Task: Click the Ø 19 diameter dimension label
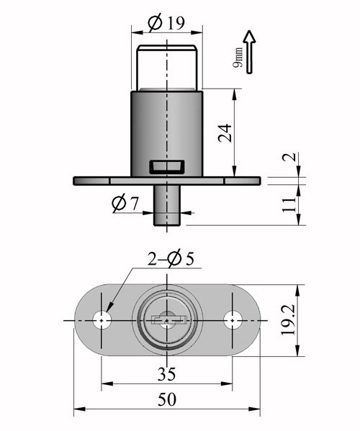(166, 23)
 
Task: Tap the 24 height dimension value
(225, 133)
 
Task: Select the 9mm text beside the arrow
(238, 58)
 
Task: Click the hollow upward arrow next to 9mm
(249, 52)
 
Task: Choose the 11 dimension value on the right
(289, 204)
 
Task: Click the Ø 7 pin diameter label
(125, 204)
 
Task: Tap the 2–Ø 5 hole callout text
(171, 258)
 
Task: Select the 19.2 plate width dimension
(288, 320)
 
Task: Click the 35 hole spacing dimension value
(166, 374)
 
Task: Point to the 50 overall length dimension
(166, 399)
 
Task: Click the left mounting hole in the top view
(102, 320)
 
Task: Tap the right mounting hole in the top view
(233, 320)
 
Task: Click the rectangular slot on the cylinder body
(167, 167)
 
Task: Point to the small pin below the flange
(167, 205)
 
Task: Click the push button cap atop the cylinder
(167, 68)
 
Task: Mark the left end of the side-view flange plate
(73, 181)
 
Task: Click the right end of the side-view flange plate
(260, 181)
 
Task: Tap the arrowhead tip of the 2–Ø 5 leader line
(106, 312)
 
